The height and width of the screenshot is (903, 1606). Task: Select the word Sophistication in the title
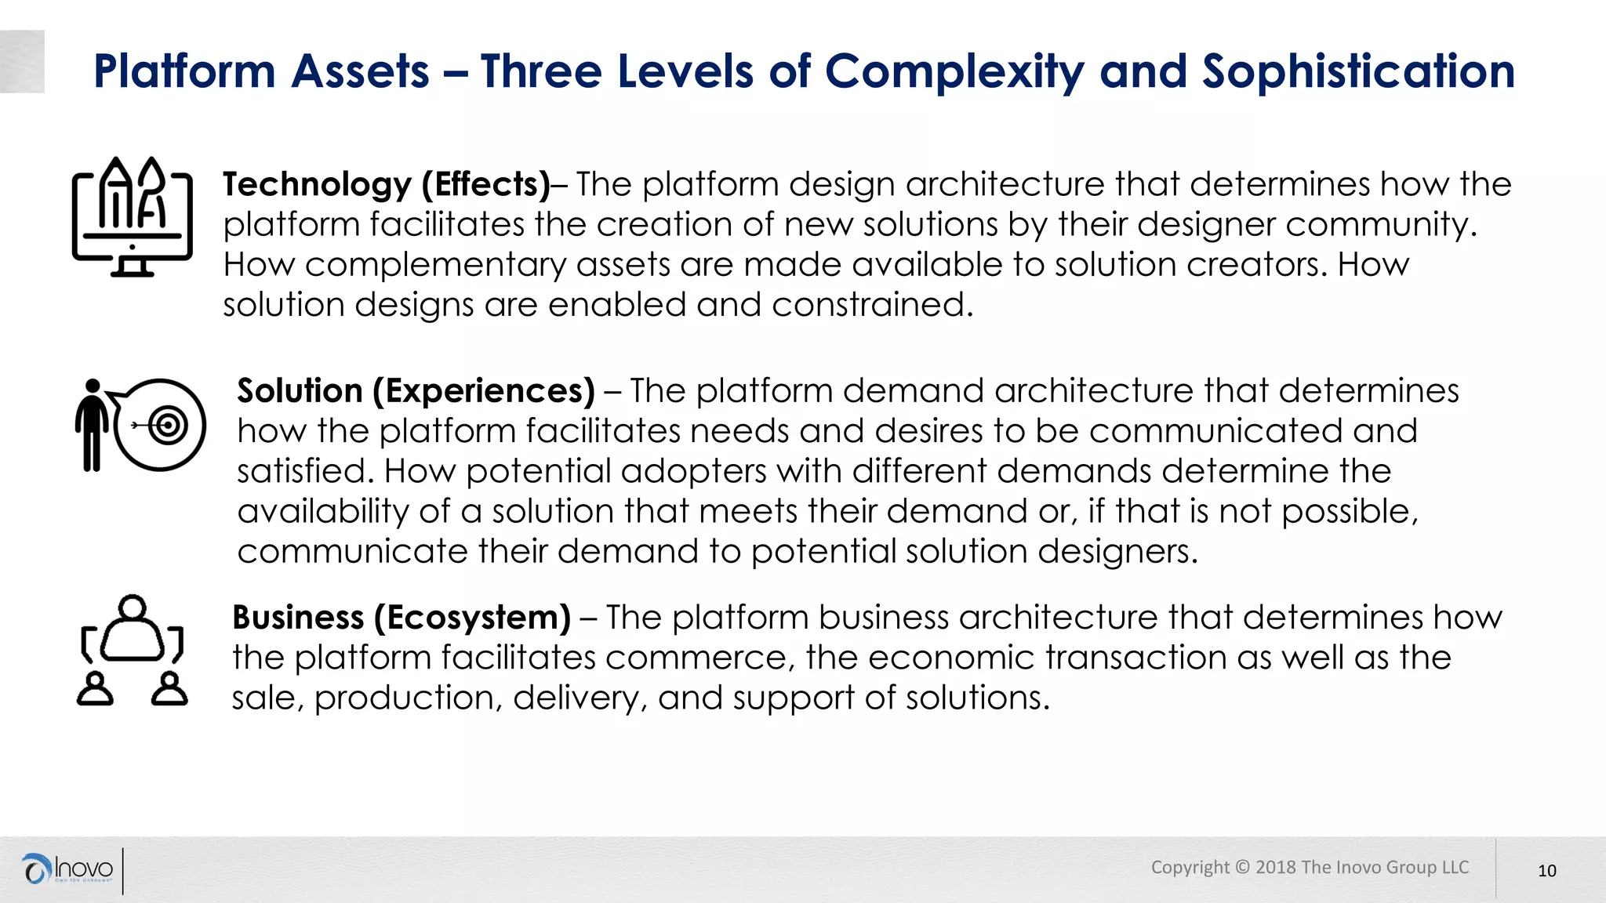click(1358, 72)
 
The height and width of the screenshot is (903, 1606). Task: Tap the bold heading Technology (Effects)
click(387, 184)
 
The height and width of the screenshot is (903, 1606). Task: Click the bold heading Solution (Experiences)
click(416, 390)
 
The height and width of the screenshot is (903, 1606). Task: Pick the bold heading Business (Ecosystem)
click(401, 618)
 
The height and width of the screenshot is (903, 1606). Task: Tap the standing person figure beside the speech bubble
click(93, 425)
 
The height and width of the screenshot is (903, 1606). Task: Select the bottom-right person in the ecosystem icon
click(169, 689)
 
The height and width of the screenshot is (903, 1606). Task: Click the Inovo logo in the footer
click(69, 869)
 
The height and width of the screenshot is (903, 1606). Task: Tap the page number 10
click(1546, 871)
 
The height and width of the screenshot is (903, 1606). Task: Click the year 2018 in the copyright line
click(1276, 867)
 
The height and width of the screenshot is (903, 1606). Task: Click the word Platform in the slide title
click(183, 72)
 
